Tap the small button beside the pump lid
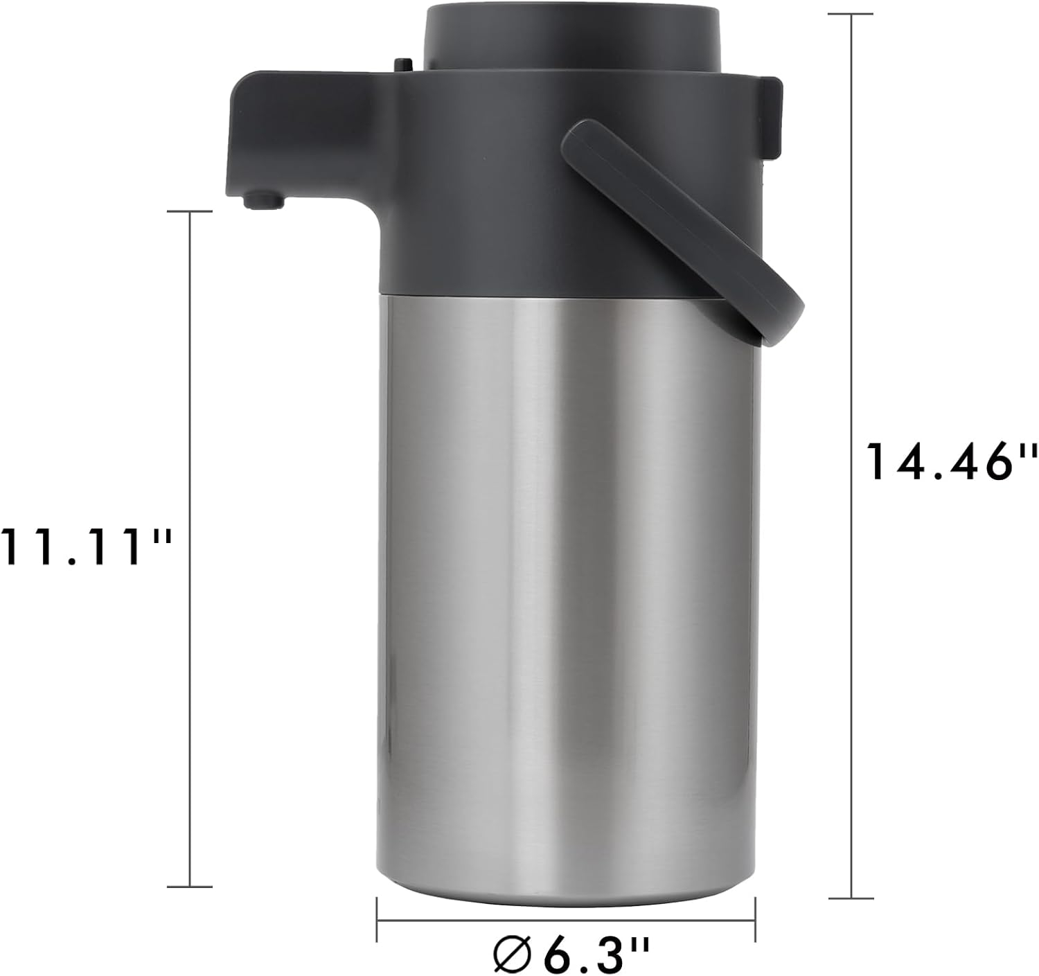402,64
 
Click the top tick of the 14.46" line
851,13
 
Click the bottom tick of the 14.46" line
851,898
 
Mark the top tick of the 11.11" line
190,212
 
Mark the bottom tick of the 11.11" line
190,886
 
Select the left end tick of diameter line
377,920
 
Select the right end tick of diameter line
755,920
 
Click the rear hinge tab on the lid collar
771,111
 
